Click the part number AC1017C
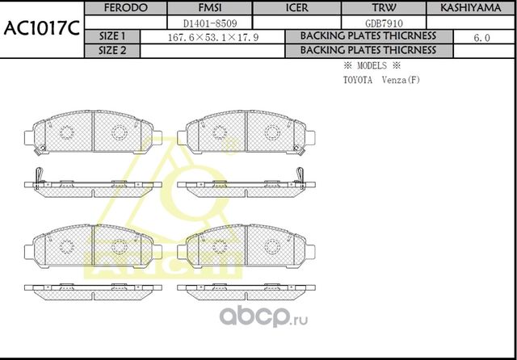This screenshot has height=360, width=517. (41, 30)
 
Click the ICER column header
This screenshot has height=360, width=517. (296, 8)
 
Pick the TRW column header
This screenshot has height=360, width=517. (384, 8)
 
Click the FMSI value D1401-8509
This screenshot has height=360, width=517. (210, 23)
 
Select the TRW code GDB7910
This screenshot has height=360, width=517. (384, 23)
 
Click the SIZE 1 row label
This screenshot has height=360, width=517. (111, 37)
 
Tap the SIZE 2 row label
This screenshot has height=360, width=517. (111, 50)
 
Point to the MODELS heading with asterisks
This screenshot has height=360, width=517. (372, 65)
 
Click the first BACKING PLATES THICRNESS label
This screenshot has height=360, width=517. (368, 37)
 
